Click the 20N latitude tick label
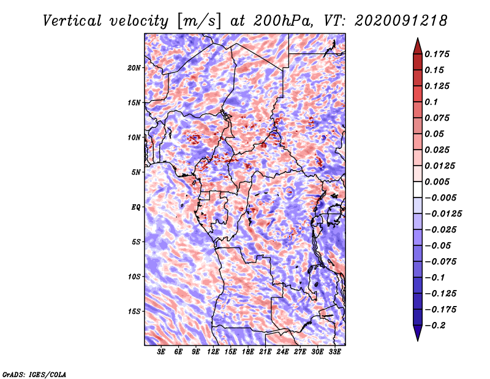click(134, 67)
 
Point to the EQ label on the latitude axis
click(136, 207)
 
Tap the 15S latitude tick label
click(134, 311)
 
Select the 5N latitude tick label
click(136, 172)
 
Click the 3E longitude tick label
click(162, 352)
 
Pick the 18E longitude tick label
click(248, 352)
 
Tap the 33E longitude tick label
click(334, 352)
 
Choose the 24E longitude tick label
click(283, 352)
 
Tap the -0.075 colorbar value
click(442, 261)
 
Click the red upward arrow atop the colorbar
click(417, 45)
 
